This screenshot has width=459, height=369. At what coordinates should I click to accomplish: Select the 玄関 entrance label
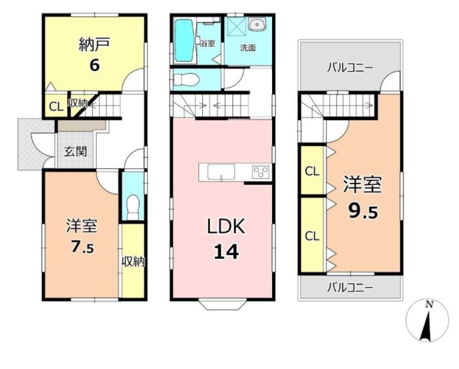click(76, 152)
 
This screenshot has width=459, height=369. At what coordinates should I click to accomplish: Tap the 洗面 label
click(248, 48)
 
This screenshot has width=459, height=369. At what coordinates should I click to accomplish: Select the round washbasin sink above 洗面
click(257, 24)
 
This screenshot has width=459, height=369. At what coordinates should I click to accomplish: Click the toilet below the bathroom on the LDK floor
click(186, 79)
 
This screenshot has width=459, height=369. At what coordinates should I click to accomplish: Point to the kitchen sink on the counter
click(221, 171)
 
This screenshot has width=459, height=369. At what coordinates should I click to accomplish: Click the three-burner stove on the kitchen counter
click(261, 172)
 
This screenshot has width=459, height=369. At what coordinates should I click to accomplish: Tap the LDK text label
click(226, 226)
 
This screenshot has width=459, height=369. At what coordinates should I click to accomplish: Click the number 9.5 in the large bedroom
click(363, 211)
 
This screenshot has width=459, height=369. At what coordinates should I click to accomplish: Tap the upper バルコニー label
click(350, 68)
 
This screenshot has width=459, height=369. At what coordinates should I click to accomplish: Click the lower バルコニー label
click(350, 288)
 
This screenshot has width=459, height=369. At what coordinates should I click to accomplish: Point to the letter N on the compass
click(430, 304)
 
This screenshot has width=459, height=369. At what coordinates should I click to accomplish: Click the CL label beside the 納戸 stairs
click(56, 107)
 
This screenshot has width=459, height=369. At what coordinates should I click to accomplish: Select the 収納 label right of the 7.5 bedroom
click(133, 262)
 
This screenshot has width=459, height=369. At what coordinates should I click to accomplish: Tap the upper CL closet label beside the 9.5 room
click(312, 171)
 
